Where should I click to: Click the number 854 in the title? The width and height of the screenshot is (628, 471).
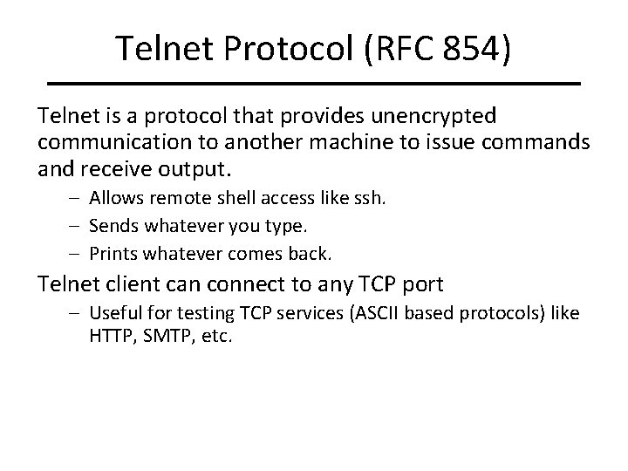[x=463, y=49]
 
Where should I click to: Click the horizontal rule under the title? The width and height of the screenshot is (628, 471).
[x=314, y=82]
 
